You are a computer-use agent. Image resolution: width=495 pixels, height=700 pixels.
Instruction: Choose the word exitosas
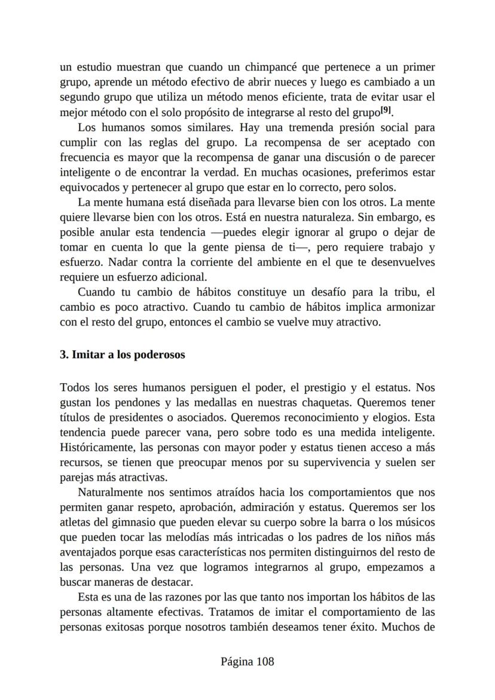click(x=133, y=628)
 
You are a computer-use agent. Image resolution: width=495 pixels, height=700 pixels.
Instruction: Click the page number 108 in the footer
click(x=263, y=662)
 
